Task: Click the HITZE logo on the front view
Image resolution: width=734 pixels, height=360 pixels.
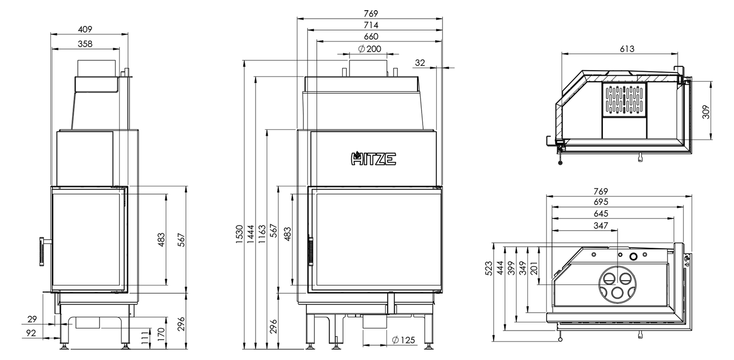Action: tap(373, 159)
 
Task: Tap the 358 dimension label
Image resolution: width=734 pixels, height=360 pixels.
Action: tap(85, 44)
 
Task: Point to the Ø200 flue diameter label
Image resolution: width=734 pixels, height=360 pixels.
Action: tap(369, 49)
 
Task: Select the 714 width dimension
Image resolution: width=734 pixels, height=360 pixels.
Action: tap(371, 25)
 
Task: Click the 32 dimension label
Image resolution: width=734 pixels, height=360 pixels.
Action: tap(420, 62)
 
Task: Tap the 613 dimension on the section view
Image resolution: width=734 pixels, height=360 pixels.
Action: tap(627, 49)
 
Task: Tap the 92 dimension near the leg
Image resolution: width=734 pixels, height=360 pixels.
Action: tap(31, 334)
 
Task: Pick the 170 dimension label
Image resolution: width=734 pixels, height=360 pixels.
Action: tap(161, 335)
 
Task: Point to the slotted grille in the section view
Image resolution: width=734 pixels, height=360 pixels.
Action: tap(624, 100)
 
